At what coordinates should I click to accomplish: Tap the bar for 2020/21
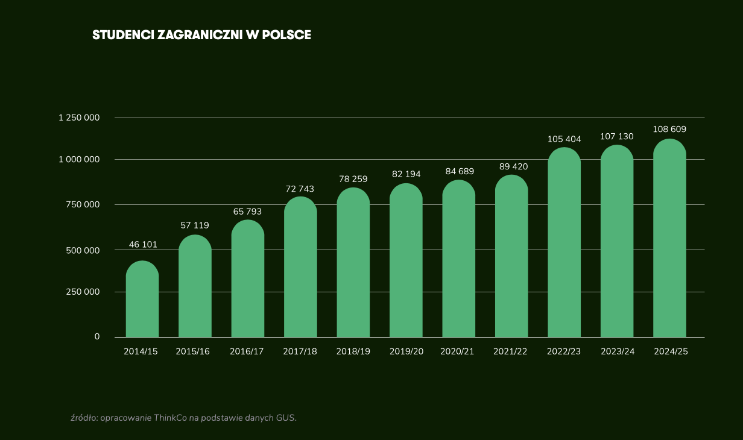click(x=459, y=259)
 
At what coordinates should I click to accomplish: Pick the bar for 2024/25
click(x=670, y=238)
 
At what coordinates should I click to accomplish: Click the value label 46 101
click(x=143, y=245)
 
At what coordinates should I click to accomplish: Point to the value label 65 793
click(x=247, y=212)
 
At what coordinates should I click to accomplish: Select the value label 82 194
click(x=406, y=174)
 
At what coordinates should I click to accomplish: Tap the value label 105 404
click(x=564, y=139)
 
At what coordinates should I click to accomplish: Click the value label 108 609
click(x=669, y=130)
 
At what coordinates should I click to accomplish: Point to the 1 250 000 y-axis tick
click(x=79, y=118)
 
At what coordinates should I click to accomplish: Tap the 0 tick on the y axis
click(x=96, y=337)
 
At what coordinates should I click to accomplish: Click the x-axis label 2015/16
click(x=193, y=352)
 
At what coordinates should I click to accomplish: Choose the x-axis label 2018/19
click(x=353, y=352)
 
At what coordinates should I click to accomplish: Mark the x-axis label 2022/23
click(x=564, y=352)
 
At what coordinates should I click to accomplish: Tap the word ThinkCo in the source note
click(x=170, y=417)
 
